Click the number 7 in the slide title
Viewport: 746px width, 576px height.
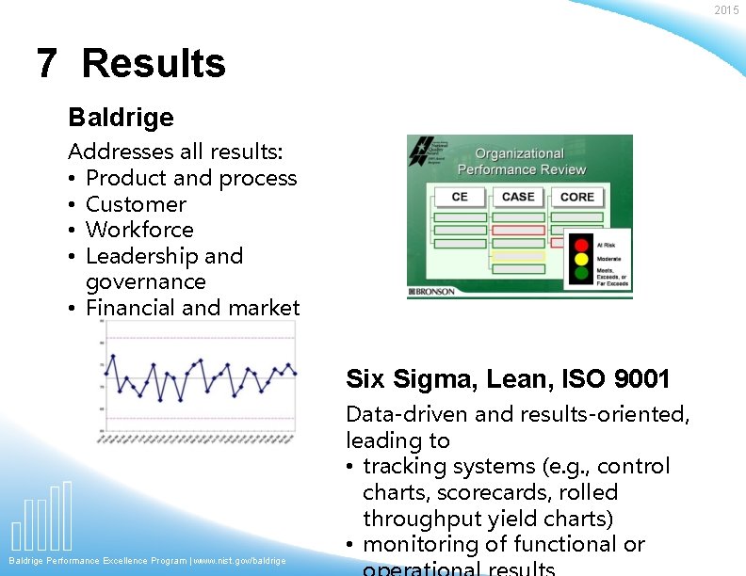46,64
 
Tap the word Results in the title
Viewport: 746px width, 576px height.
154,64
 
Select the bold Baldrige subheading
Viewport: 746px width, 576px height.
121,118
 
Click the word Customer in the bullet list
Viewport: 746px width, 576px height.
136,204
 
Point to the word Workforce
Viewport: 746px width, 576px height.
139,230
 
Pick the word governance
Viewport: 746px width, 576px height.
145,281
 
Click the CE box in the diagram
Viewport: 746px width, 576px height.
460,197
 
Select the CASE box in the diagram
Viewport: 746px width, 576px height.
518,197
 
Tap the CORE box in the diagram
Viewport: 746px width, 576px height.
576,197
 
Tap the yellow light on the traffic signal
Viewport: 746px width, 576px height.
581,259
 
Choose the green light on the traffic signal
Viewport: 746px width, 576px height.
581,274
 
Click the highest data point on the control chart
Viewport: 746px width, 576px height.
113,356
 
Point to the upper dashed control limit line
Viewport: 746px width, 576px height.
198,337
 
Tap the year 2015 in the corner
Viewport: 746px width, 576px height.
726,10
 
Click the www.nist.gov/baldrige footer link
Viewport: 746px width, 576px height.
240,561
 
